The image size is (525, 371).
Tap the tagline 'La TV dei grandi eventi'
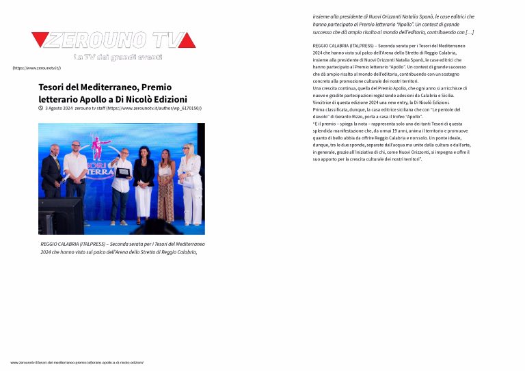tap(118, 57)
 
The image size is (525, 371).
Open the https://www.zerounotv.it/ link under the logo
tap(36, 68)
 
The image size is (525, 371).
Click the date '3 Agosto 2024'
tap(59, 108)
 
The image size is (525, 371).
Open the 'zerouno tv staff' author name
tap(90, 108)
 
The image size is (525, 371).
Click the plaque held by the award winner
tap(122, 173)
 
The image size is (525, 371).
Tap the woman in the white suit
tap(191, 184)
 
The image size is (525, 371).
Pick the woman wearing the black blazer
tap(144, 181)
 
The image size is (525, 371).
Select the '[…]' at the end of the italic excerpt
tap(469, 32)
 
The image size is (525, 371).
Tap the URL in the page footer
tap(77, 362)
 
